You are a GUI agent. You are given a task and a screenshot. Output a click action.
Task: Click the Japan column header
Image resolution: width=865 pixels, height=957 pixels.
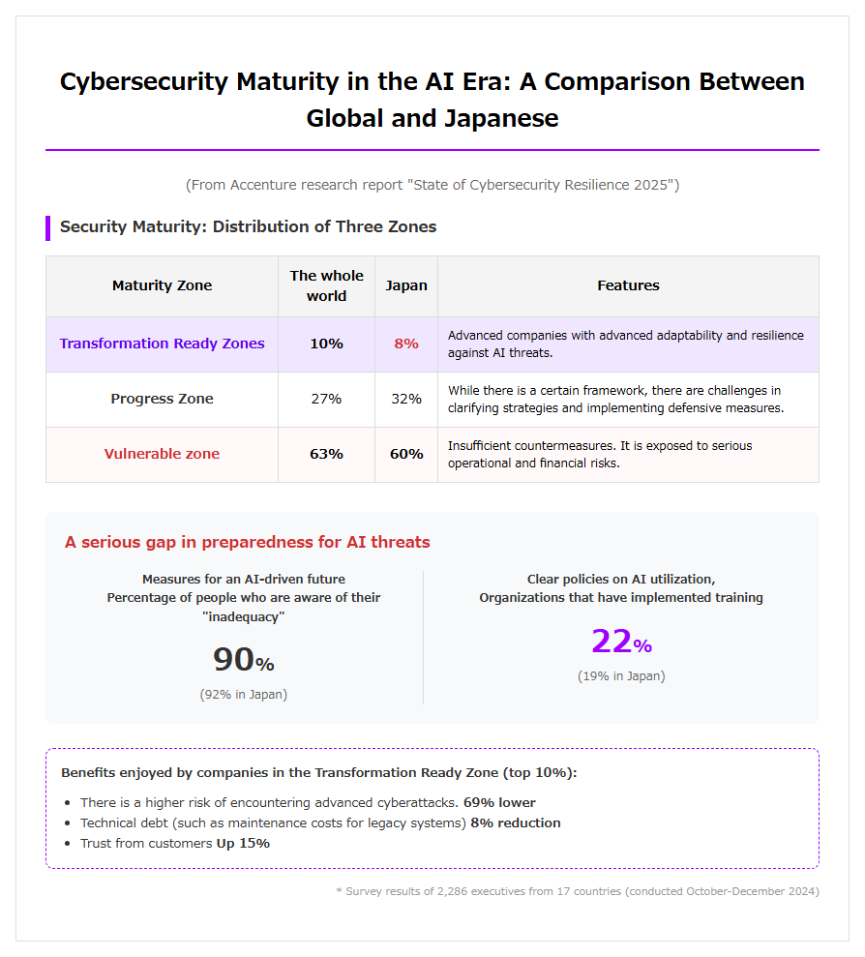pos(406,285)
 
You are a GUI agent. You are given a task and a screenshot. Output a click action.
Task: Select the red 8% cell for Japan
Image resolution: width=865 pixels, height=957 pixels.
pos(406,344)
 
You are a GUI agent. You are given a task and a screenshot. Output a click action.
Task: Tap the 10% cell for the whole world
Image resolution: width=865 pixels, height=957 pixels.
pos(327,344)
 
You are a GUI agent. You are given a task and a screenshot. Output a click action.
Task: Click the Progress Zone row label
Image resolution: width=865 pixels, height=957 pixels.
pos(162,399)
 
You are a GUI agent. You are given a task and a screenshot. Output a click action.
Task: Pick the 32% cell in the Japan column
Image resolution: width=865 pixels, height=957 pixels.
pos(406,399)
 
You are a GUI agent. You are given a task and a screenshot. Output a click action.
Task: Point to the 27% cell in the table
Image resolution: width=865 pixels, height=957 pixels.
pos(327,399)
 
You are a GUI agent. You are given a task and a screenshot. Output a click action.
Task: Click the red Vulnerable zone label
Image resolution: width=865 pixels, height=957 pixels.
pos(162,454)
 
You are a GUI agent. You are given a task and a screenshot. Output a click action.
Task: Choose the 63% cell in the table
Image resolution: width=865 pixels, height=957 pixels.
pos(327,454)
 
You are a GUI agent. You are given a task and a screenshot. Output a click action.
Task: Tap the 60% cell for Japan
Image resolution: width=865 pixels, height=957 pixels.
pos(406,454)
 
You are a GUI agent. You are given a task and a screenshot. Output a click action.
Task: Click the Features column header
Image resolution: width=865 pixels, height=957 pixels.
pos(628,285)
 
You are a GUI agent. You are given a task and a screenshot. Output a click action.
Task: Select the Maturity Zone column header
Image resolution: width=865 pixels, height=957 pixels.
pos(162,285)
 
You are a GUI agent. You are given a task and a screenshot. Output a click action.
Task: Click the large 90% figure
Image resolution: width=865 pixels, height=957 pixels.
pos(244,659)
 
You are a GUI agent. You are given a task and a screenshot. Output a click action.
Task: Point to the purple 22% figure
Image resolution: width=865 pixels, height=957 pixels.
pos(621,642)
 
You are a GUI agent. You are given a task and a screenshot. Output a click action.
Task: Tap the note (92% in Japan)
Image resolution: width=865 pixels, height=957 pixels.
pos(244,695)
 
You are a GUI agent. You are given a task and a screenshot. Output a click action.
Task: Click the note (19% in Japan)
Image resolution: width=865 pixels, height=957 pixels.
pos(621,676)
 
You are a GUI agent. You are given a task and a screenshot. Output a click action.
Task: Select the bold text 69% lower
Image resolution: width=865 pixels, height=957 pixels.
pos(499,802)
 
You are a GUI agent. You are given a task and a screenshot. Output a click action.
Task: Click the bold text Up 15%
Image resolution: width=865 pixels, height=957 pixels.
pos(243,844)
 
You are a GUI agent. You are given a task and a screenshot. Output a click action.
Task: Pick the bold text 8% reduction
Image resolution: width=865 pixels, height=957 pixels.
pos(515,822)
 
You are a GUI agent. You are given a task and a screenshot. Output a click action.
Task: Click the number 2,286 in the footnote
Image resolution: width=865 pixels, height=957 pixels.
pos(453,892)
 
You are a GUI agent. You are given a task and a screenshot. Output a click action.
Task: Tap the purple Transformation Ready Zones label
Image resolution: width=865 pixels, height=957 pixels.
pos(162,344)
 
